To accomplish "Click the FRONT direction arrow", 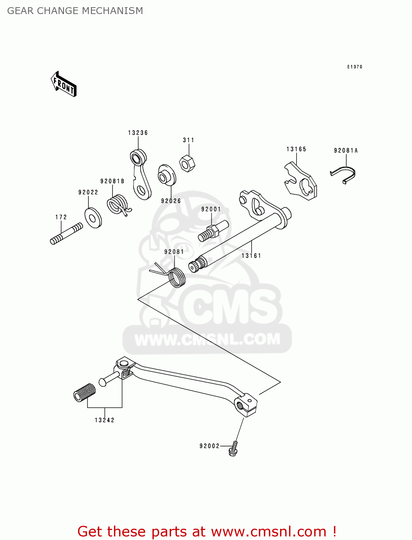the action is click(x=64, y=84).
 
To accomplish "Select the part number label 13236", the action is click(x=138, y=133).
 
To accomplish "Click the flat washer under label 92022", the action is click(x=93, y=217).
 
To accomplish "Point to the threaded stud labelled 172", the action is click(x=67, y=234).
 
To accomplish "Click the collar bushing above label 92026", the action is click(x=166, y=175).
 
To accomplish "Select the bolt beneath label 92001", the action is click(x=212, y=231).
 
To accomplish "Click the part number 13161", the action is click(x=251, y=256).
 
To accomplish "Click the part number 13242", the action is click(x=105, y=420).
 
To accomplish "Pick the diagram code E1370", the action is click(x=354, y=67).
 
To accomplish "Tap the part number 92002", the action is click(x=210, y=446).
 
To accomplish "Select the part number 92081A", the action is click(x=345, y=150).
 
